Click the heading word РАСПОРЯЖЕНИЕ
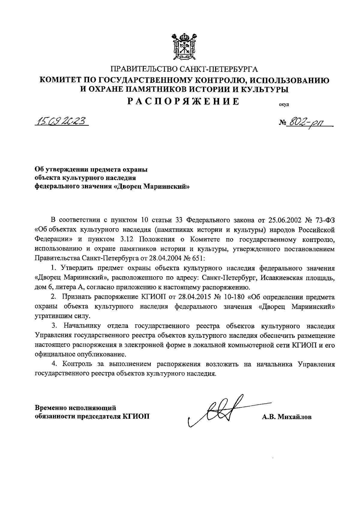click(183, 101)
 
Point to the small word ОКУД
click(283, 105)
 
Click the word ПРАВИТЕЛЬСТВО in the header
click(145, 70)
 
